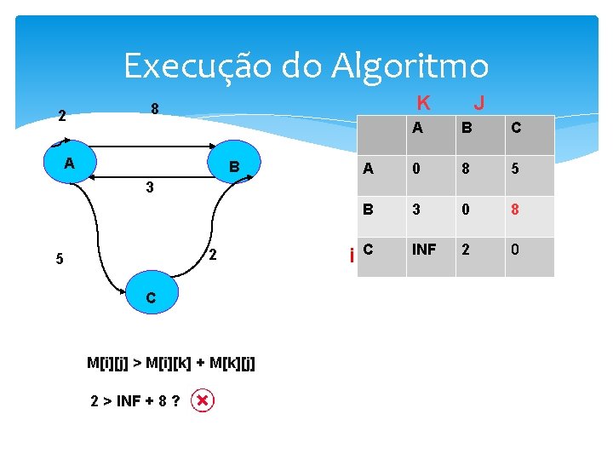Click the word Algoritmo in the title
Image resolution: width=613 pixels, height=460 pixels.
pos(414,66)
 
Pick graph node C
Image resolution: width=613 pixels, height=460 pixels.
pos(150,297)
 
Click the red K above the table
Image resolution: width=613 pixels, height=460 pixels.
pos(423,103)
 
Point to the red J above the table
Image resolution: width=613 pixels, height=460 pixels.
pos(479,103)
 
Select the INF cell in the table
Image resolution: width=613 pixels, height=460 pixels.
pos(425,250)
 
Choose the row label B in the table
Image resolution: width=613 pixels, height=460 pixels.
pos(368,210)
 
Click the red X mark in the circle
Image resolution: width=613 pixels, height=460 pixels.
pos(202,400)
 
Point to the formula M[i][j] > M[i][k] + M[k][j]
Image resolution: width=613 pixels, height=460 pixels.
pos(171,364)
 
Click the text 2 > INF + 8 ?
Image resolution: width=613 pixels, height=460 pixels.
pos(135,400)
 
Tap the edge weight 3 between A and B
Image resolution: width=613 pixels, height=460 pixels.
pos(148,188)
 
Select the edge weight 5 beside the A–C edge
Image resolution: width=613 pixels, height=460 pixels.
pos(59,260)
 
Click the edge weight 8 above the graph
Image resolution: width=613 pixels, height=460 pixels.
pos(154,109)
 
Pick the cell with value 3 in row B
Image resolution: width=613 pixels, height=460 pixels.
pos(415,210)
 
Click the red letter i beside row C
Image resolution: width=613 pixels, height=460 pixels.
pos(352,255)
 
